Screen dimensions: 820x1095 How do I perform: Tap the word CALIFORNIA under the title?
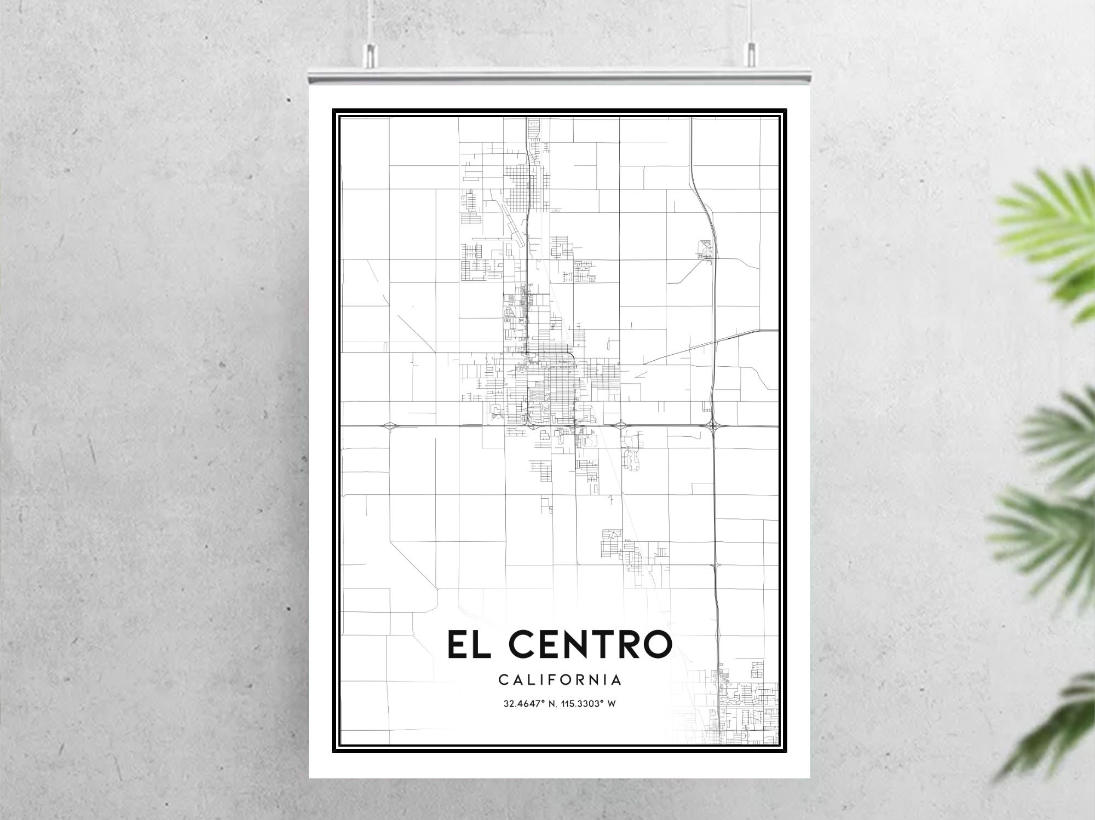coord(560,680)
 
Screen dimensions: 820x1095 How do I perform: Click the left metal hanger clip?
coord(371,53)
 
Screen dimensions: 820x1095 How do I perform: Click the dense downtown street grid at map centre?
coord(550,383)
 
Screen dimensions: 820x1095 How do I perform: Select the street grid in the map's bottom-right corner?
coord(747,712)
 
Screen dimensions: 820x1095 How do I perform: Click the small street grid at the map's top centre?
coord(533,137)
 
